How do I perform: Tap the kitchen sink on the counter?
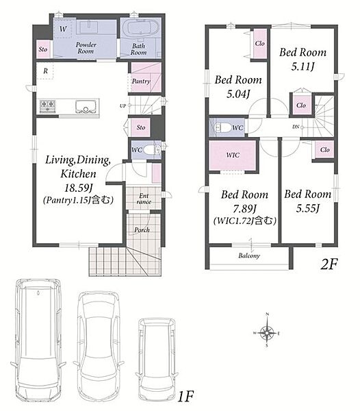(86, 106)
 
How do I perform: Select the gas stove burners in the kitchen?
(47, 106)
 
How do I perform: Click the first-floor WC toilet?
(151, 150)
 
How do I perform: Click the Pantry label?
(141, 82)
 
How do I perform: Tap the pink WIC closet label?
(233, 155)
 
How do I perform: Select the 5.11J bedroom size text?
(303, 66)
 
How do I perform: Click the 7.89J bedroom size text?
(244, 209)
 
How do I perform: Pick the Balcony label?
(249, 256)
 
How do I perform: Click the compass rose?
(267, 332)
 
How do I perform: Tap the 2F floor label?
(329, 264)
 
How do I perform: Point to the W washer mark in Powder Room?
(63, 29)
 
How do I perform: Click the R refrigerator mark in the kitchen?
(46, 71)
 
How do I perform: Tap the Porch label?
(142, 230)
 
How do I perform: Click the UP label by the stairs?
(123, 106)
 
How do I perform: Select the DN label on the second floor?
(296, 127)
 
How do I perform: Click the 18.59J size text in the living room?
(79, 188)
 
